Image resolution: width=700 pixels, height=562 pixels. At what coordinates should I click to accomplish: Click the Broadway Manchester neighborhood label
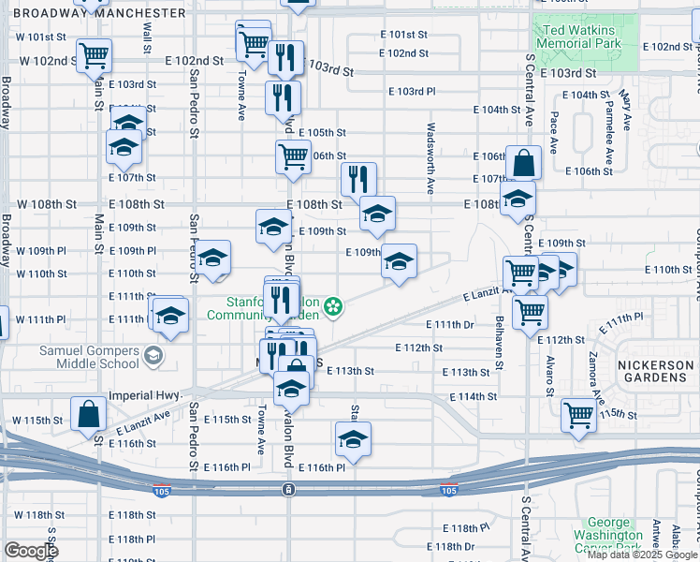(94, 13)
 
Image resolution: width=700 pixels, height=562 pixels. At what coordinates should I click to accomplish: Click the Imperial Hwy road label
(144, 395)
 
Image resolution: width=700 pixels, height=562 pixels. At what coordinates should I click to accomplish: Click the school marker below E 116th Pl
(353, 438)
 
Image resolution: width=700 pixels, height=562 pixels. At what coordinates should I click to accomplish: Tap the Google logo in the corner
(31, 551)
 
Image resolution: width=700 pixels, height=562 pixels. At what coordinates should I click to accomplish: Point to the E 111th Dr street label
(457, 325)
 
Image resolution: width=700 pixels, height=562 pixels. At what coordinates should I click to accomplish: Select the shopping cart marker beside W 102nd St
(94, 56)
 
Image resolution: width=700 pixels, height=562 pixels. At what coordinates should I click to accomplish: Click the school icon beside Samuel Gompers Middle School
(153, 356)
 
